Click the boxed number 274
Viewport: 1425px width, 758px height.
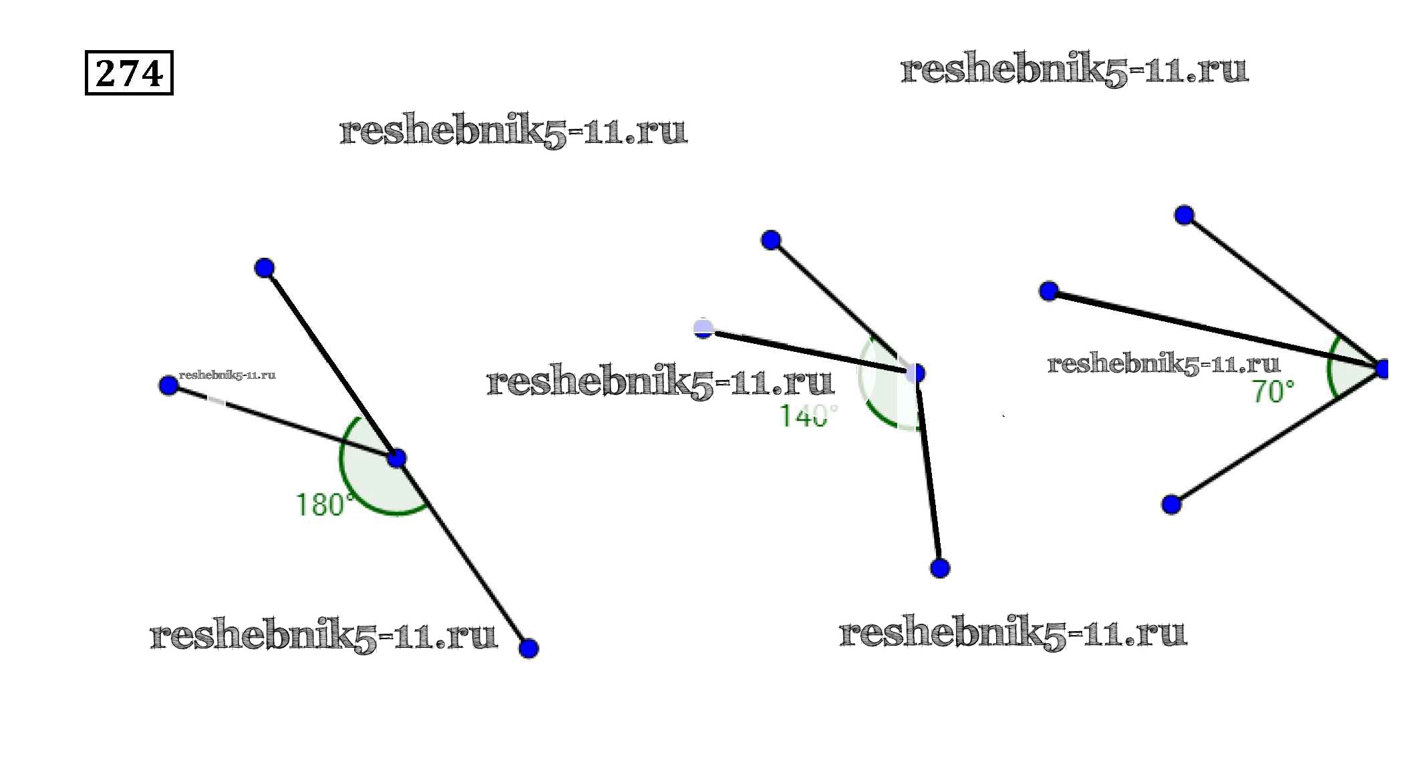pyautogui.click(x=129, y=73)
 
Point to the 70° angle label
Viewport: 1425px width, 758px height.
pyautogui.click(x=1272, y=391)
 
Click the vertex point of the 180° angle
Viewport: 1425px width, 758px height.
pyautogui.click(x=397, y=458)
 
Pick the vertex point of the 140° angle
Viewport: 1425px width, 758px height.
pyautogui.click(x=916, y=373)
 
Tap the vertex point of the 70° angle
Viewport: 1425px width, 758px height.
pyautogui.click(x=1382, y=369)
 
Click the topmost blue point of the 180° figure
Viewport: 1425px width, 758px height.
pyautogui.click(x=265, y=268)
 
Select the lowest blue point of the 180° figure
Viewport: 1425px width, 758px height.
pyautogui.click(x=528, y=648)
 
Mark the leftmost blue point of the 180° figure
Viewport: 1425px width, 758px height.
pyautogui.click(x=169, y=385)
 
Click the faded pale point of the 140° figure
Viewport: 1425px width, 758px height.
pyautogui.click(x=703, y=328)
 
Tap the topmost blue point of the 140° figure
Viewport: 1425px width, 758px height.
pyautogui.click(x=771, y=240)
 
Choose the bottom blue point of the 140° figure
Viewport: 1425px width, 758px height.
pyautogui.click(x=940, y=568)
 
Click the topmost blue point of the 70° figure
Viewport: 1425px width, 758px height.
pyautogui.click(x=1184, y=215)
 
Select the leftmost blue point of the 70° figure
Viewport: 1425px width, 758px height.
pyautogui.click(x=1049, y=291)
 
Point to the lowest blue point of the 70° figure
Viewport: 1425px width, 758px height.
pyautogui.click(x=1171, y=504)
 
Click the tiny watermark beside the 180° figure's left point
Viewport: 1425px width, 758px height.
pyautogui.click(x=227, y=375)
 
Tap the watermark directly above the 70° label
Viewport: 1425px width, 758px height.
pyautogui.click(x=1163, y=364)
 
